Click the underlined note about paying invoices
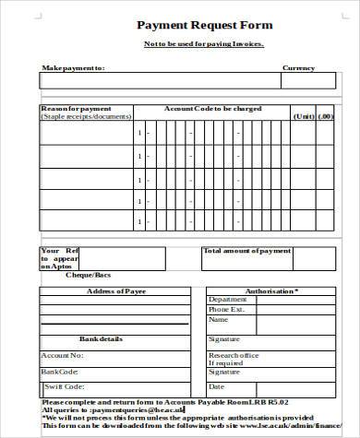[203, 44]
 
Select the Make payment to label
[73, 68]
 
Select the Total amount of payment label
[246, 251]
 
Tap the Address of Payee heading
[115, 291]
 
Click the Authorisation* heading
[270, 291]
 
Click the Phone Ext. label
[226, 310]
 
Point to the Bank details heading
[101, 339]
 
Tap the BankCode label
[58, 372]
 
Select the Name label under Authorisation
[219, 321]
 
